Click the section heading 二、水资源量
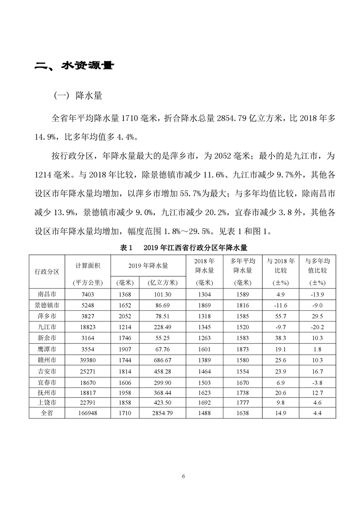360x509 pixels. (x=74, y=66)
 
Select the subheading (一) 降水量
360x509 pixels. (x=78, y=96)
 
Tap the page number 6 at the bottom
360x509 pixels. (x=182, y=476)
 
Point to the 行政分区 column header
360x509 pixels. (x=47, y=271)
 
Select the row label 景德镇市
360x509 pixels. (x=47, y=304)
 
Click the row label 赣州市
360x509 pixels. (x=47, y=360)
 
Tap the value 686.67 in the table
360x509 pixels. (x=162, y=360)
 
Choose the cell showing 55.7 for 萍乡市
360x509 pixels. (x=280, y=316)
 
